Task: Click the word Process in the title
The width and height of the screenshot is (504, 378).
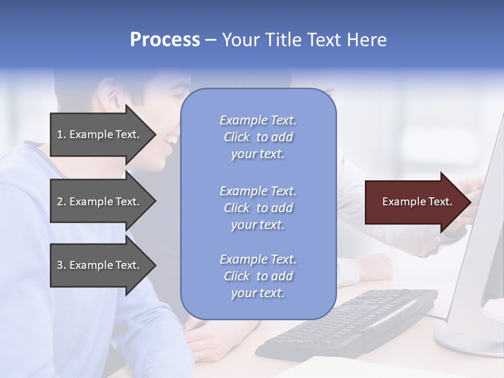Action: [165, 40]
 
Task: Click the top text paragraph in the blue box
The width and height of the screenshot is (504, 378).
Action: [258, 137]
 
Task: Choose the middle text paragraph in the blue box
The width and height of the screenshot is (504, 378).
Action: [258, 208]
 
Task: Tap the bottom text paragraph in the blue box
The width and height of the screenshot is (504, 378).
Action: [258, 276]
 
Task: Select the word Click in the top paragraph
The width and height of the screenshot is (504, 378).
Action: [237, 137]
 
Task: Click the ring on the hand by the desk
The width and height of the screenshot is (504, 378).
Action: [199, 354]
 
